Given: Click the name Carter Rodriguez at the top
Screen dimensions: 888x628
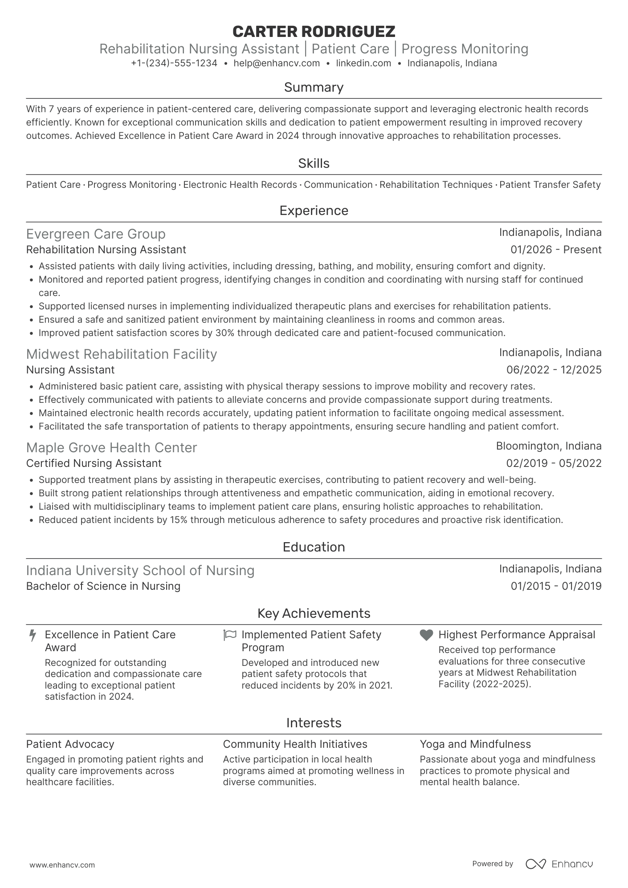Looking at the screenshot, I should coord(314,31).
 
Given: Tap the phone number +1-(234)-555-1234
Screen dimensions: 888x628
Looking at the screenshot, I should coord(174,63).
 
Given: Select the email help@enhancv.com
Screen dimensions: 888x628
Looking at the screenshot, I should coord(277,63).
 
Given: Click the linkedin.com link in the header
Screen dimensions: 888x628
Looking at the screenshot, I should coord(363,63).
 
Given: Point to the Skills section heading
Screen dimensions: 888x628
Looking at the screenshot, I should coord(314,163).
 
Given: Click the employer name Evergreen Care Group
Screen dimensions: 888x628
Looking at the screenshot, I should coord(96,234).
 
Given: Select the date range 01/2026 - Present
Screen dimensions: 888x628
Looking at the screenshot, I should coord(556,250).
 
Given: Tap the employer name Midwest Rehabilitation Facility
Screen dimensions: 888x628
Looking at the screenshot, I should coord(122,354).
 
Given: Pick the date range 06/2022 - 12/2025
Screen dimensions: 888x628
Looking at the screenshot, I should coord(554,370).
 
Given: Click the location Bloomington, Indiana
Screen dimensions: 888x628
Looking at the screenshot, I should coord(549,446).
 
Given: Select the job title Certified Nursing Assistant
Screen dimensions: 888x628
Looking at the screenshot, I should coord(94,463).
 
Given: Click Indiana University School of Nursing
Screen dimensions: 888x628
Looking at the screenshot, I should coord(140,570).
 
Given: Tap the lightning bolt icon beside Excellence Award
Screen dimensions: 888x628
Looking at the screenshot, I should coord(33,635).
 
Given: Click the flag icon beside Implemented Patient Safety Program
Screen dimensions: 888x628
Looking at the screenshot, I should coord(229,635).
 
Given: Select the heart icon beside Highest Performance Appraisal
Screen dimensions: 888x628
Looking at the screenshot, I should coord(426,635).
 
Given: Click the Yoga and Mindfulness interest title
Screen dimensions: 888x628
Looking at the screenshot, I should coord(475,744).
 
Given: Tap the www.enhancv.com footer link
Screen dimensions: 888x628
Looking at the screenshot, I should coord(62,865).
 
